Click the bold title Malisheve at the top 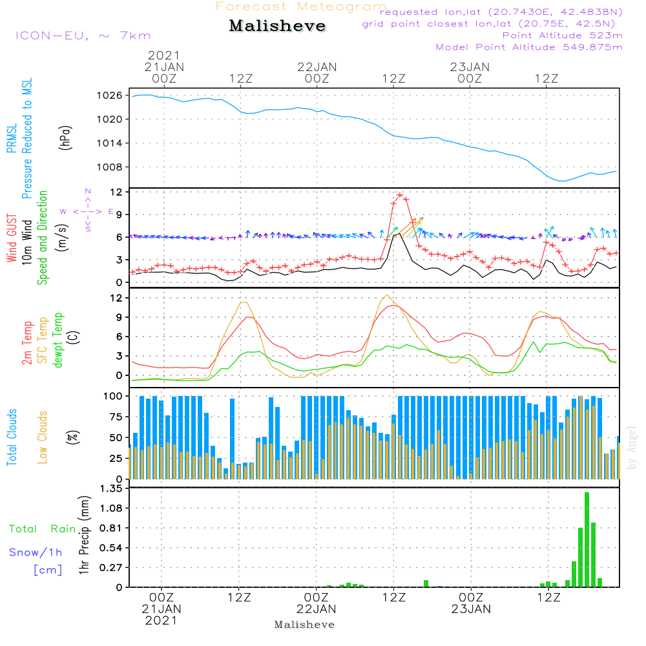(x=278, y=26)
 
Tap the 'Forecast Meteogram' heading (x=301, y=7)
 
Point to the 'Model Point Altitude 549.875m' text (x=528, y=47)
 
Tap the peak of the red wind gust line (x=400, y=195)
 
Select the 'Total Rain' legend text (x=43, y=529)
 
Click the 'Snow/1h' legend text (x=36, y=553)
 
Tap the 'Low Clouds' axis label (x=43, y=437)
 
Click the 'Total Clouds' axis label (x=12, y=437)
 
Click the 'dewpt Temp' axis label (x=58, y=340)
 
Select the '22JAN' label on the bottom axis (x=317, y=609)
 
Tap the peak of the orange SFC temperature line (x=387, y=296)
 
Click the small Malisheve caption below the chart (x=305, y=625)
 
